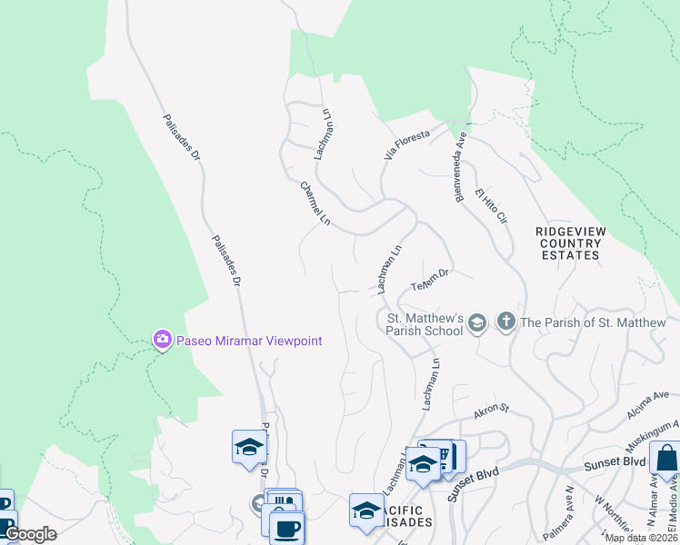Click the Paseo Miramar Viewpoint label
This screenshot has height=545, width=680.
click(248, 341)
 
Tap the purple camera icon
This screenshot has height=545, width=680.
click(162, 340)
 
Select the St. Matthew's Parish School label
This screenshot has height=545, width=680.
click(425, 324)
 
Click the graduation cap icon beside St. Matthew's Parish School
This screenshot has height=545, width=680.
click(479, 322)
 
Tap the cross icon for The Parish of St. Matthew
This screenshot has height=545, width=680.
click(506, 322)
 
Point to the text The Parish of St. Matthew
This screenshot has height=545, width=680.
click(593, 322)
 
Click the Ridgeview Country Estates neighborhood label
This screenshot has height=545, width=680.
click(570, 243)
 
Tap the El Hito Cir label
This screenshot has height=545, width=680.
click(491, 207)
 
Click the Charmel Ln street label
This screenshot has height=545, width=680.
click(315, 203)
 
